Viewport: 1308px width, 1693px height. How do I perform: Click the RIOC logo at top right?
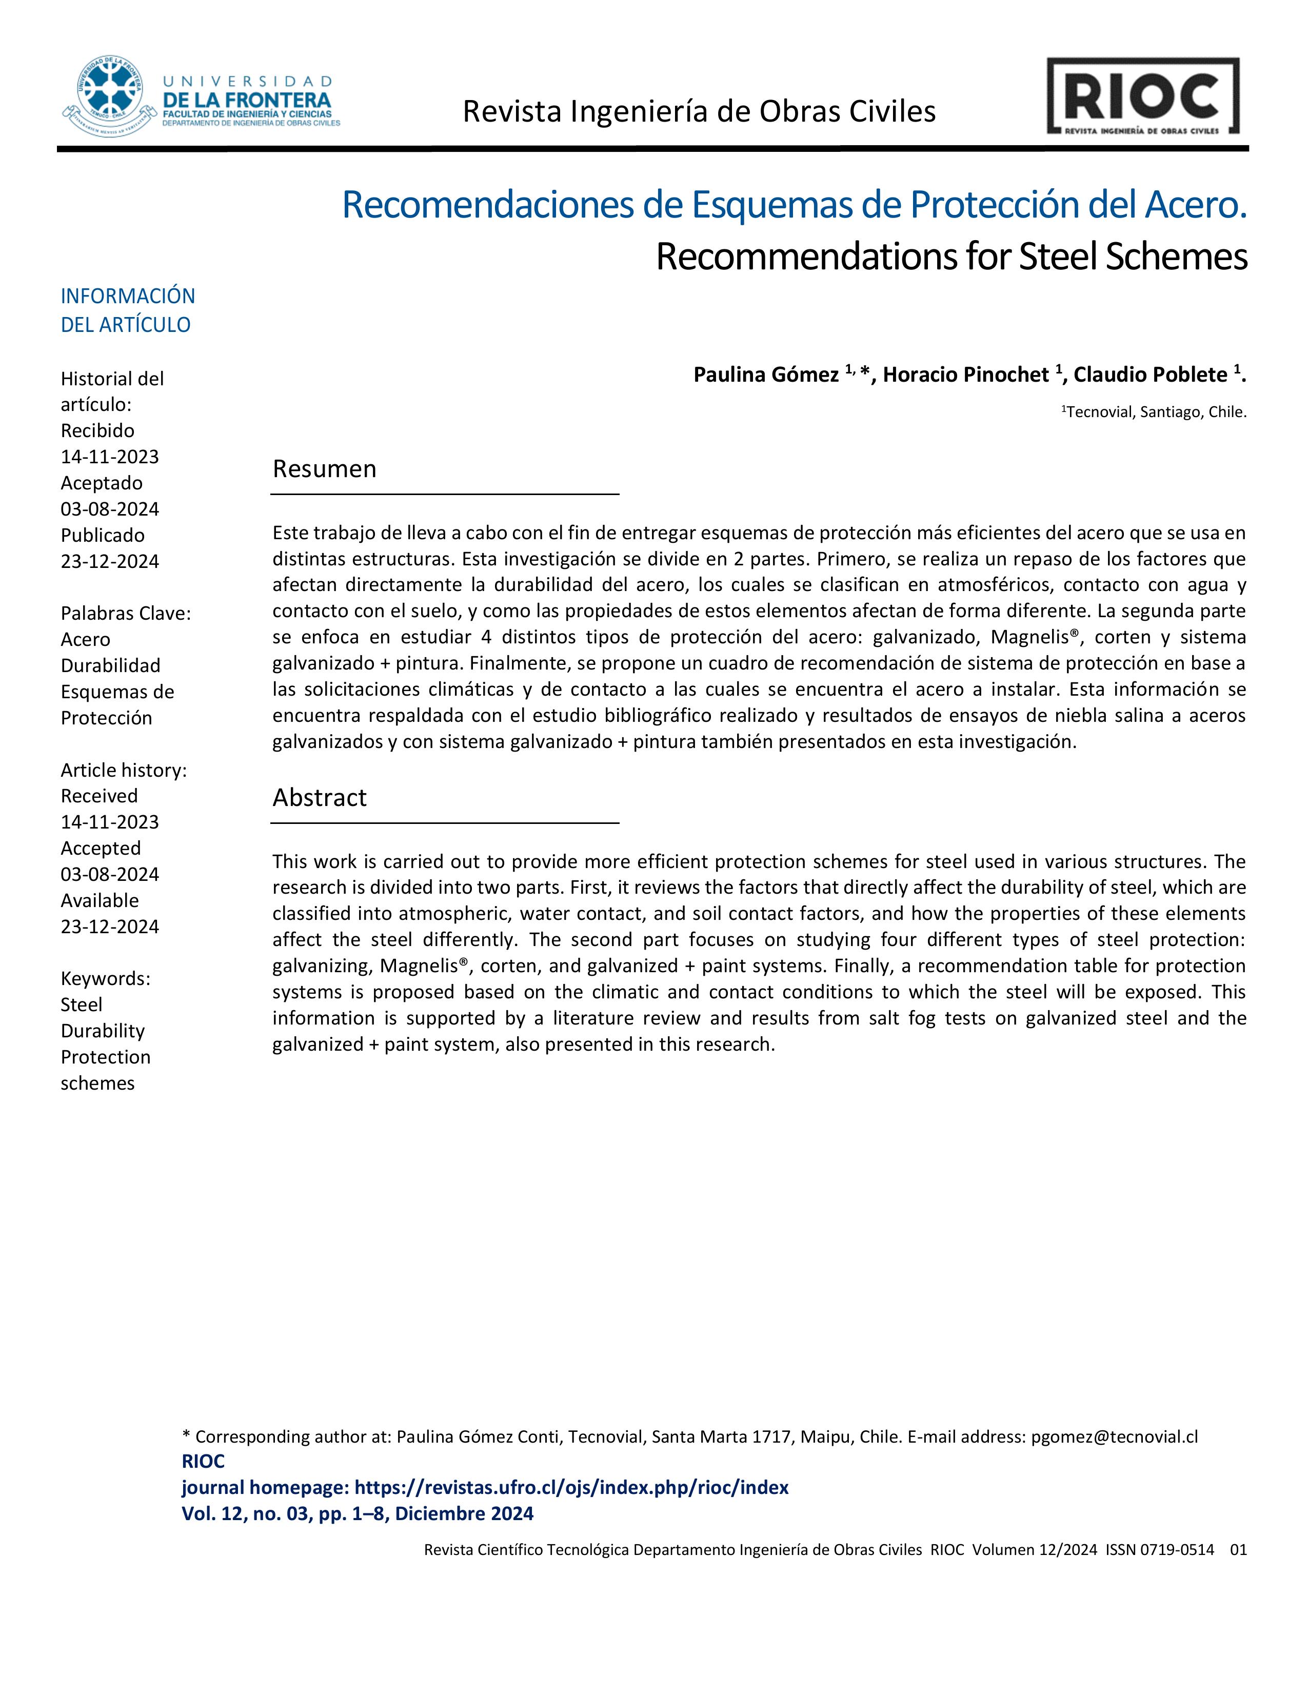click(1142, 96)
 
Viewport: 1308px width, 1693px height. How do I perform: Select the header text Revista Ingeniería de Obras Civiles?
click(699, 112)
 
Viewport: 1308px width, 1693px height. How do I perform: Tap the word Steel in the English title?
click(1058, 257)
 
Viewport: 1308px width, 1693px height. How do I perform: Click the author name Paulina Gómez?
click(766, 375)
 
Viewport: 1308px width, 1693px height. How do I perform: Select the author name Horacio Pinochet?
click(965, 375)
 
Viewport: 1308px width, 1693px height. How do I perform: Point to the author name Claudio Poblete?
click(1150, 375)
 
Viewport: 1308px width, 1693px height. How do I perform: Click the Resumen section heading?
click(324, 469)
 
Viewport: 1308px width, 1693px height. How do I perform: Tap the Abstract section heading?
click(319, 798)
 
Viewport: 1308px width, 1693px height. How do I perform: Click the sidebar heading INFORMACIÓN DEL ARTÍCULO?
click(127, 310)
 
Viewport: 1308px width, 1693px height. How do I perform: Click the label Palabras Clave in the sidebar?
click(126, 613)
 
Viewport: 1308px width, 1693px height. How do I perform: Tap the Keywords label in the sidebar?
click(105, 978)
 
